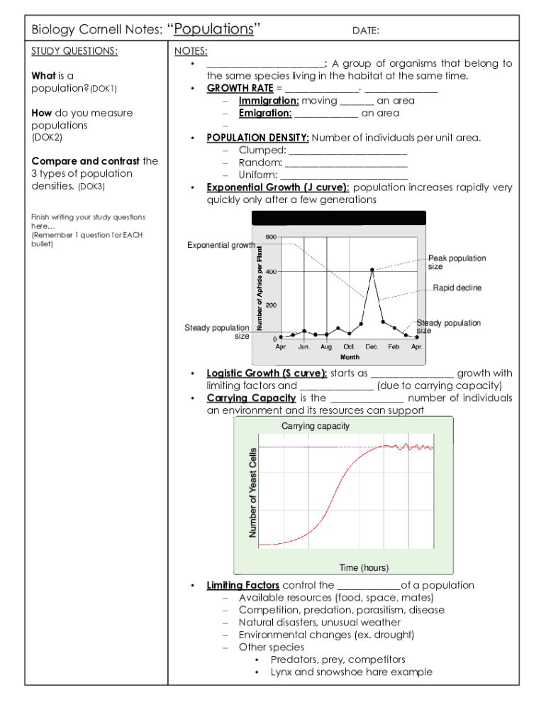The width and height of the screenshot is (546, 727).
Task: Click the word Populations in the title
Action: (213, 29)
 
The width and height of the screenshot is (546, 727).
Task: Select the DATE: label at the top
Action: (366, 31)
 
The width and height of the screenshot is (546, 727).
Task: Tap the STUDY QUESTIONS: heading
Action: (74, 51)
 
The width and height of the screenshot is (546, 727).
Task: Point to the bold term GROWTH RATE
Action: (240, 88)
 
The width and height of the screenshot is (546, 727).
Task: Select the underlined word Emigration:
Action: (264, 113)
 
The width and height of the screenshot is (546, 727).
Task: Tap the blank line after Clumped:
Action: (349, 150)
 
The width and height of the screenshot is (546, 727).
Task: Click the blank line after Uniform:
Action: (344, 175)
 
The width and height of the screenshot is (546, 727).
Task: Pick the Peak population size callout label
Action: (457, 262)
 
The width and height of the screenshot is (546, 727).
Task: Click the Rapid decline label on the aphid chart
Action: (457, 288)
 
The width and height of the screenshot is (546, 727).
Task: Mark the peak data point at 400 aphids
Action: (372, 270)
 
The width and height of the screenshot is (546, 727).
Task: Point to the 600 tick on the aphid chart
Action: (271, 237)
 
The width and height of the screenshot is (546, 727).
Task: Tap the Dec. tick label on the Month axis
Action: (372, 346)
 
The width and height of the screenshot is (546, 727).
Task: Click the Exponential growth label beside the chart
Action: (221, 245)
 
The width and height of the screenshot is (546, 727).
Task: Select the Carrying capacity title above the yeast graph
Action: (316, 426)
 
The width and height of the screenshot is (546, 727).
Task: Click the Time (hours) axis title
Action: (364, 567)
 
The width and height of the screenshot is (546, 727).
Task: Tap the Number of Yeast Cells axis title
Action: (253, 493)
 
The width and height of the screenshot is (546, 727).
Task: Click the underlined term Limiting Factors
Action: (243, 585)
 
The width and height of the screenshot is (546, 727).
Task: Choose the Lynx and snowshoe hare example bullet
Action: (351, 672)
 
